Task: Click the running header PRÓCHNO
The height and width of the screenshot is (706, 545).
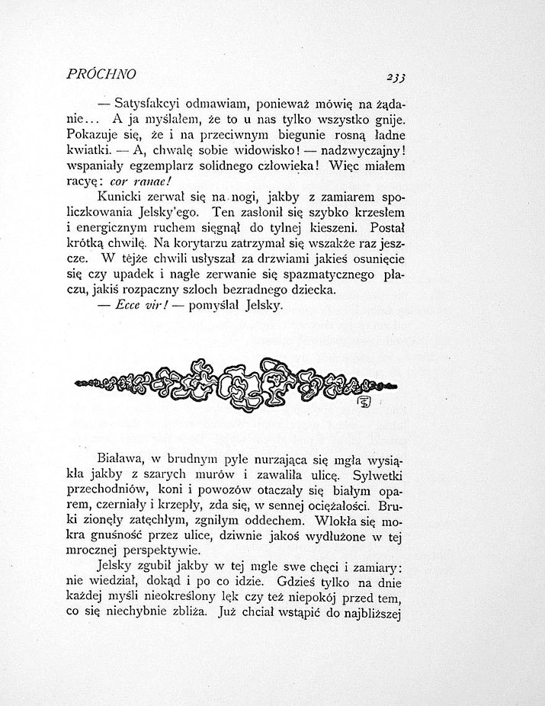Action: coord(101,74)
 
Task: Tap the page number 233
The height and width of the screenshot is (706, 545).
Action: coord(396,75)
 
